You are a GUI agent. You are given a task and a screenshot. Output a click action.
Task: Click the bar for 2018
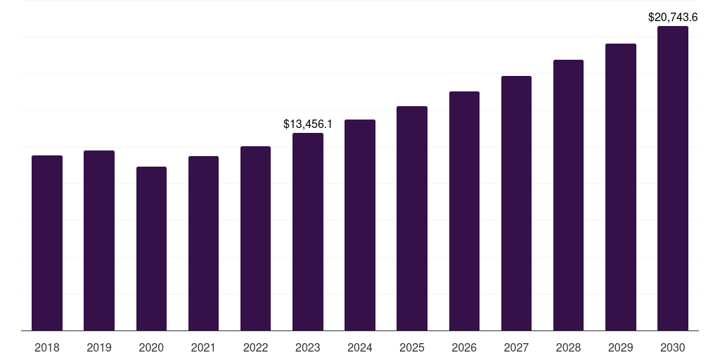[47, 243]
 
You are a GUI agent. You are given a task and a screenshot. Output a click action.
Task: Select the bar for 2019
[99, 240]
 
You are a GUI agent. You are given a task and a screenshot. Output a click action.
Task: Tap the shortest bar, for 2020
[151, 248]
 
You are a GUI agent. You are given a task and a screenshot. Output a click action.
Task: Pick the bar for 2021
[203, 243]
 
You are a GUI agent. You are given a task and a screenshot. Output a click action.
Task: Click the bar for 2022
[255, 238]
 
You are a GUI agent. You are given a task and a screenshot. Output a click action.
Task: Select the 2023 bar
[308, 231]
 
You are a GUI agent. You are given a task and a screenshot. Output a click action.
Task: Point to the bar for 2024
[360, 225]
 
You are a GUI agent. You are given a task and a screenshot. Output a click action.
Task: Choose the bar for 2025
[412, 218]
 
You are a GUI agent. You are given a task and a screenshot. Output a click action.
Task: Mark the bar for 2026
[464, 211]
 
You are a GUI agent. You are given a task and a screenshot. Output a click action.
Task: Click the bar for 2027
[516, 203]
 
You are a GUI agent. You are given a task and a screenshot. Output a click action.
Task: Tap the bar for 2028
[568, 195]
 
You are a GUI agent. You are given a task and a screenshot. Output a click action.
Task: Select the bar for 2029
[621, 187]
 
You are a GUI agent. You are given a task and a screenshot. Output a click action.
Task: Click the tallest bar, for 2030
[673, 178]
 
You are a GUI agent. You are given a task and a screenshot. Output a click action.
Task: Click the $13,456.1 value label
[308, 124]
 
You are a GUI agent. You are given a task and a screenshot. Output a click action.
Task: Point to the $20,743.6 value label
[673, 17]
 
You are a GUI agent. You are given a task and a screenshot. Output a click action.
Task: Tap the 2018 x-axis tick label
[47, 347]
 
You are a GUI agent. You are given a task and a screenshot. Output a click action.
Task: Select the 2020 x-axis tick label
[151, 347]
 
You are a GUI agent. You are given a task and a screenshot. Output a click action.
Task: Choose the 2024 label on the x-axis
[360, 347]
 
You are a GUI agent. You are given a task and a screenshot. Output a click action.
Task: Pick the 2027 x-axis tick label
[516, 347]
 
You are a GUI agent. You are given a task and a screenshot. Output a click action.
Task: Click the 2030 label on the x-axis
[673, 347]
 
